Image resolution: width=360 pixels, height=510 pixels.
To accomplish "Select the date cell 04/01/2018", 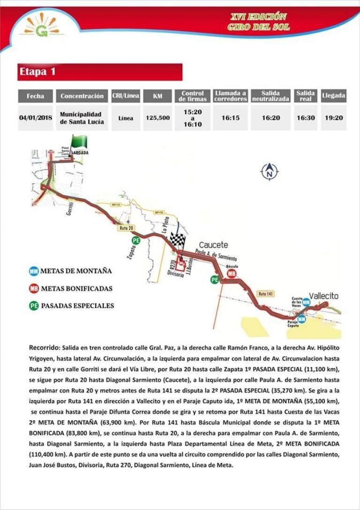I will tap(36, 118).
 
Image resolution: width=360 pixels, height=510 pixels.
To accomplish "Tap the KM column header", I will tap(157, 96).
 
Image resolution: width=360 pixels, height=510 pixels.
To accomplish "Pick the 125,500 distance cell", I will tap(157, 118).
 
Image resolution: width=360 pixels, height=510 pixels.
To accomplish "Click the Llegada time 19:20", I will tap(333, 118).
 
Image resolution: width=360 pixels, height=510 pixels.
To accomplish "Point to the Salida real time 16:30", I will tap(305, 118).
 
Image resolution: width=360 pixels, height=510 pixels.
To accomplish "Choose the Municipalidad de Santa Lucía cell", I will tap(81, 118).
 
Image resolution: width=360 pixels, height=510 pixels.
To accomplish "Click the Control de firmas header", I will tap(193, 96).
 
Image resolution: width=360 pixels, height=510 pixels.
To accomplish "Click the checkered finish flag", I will tap(179, 241).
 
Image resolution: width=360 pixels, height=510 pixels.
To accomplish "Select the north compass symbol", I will tap(269, 172).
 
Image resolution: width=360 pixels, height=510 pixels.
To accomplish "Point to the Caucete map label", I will tap(213, 245).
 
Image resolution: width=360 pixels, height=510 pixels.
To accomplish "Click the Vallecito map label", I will tap(323, 296).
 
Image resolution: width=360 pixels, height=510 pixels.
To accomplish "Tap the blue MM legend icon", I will tap(34, 271).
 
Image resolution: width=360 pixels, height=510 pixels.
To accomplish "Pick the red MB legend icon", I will tap(34, 288).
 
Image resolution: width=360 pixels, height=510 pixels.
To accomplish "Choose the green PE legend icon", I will tap(34, 306).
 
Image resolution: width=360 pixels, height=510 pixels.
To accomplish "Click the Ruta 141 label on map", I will tap(266, 293).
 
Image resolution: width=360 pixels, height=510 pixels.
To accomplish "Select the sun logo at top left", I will tap(42, 26).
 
